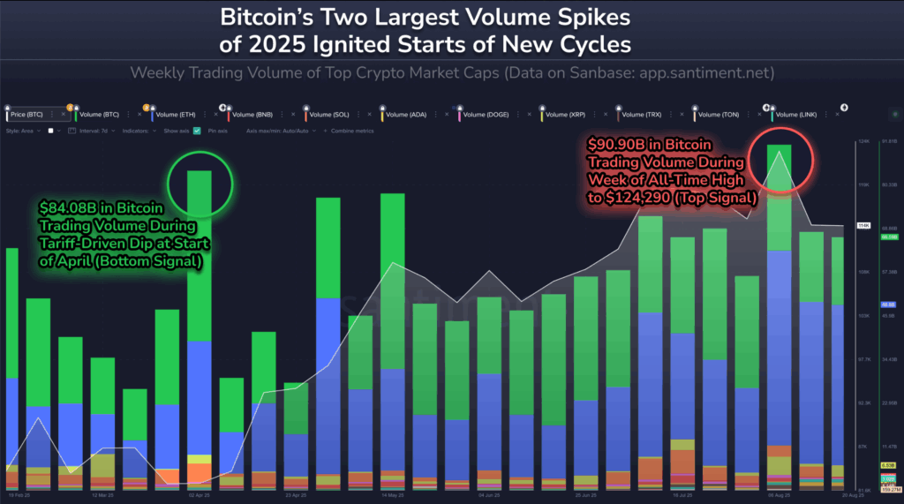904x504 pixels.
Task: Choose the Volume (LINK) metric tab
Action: click(797, 115)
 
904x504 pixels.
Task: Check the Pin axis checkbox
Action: click(197, 131)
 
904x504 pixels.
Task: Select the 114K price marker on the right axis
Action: click(863, 226)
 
